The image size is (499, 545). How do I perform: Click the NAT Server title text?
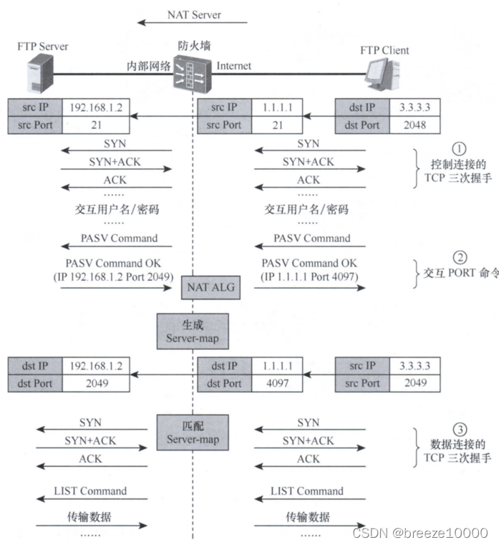[194, 14]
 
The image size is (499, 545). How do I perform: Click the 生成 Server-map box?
[193, 331]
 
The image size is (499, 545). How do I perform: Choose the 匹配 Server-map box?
[193, 432]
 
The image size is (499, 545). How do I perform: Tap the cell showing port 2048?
[413, 125]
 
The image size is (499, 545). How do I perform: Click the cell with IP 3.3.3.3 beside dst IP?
[413, 107]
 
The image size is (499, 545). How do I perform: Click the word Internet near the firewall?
[234, 66]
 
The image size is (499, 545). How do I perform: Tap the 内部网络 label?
[149, 67]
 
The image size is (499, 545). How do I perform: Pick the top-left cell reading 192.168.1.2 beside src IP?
[95, 107]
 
